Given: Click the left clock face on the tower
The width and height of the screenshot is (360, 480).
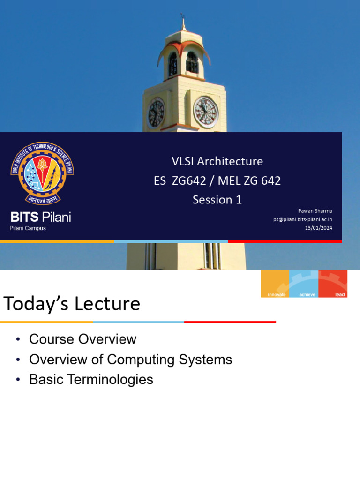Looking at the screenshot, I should click(x=156, y=113).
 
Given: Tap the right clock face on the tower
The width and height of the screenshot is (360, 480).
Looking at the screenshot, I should click(x=206, y=112).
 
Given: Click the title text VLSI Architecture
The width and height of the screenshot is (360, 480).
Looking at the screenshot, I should click(x=217, y=161).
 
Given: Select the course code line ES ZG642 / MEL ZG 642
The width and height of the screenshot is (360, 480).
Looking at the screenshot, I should click(x=217, y=180).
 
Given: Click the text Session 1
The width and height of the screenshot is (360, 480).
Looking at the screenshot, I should click(x=217, y=200).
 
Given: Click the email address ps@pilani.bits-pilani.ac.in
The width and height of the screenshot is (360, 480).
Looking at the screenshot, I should click(x=303, y=219).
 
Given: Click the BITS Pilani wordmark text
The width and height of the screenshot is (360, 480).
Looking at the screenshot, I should click(x=41, y=217).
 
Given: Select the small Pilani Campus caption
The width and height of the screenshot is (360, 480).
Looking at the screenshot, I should click(x=28, y=228).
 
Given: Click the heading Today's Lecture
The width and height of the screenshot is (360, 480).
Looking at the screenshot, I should click(x=72, y=304).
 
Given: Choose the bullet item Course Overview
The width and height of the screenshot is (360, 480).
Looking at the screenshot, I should click(x=82, y=339).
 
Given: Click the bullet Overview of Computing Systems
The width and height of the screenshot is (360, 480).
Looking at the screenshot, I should click(x=130, y=360).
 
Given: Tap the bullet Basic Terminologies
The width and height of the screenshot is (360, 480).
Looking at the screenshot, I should click(x=91, y=380).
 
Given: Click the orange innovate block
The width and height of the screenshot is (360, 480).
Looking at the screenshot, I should click(x=275, y=284).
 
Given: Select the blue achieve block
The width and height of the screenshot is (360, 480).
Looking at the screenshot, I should click(x=304, y=284).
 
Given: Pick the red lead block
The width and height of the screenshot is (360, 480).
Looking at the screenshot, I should click(x=333, y=284).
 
